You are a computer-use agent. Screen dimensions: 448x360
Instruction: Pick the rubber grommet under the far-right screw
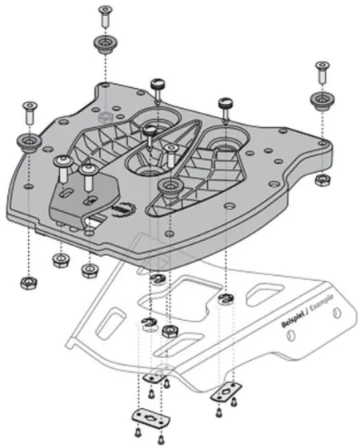coord(322,102)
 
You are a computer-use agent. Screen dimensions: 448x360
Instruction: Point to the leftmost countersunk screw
coord(29,110)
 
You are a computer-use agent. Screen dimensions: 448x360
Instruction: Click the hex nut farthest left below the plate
coord(27,282)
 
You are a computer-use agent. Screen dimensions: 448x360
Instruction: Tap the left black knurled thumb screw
coord(158,86)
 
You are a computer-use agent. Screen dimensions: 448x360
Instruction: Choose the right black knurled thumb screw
coord(225,105)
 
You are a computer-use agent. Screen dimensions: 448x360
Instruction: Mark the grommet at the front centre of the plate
coord(168,187)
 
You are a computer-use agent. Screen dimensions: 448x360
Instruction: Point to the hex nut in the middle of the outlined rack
coord(169,330)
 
